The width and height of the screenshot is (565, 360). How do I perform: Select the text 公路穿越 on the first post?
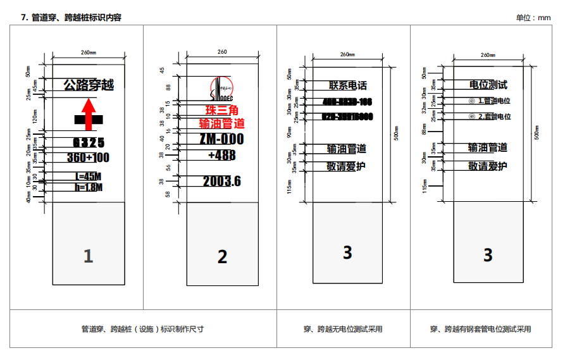pos(88,84)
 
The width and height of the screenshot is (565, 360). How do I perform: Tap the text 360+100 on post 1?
pos(88,157)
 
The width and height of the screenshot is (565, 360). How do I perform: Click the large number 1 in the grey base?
pos(88,256)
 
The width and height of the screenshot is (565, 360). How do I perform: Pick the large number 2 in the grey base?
pos(222,256)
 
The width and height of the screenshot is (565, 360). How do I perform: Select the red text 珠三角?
pos(221,111)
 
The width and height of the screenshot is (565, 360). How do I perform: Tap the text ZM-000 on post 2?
pos(221,139)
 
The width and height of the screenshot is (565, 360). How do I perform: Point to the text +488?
pos(221,155)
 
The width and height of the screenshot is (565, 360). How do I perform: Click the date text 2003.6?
pos(221,182)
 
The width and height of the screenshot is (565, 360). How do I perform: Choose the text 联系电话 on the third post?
pos(347,85)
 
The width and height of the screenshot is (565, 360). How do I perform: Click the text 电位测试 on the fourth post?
pos(488,84)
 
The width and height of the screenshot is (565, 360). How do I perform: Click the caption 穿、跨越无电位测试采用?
pos(343,329)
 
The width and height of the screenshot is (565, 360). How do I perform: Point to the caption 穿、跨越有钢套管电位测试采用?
pos(481,329)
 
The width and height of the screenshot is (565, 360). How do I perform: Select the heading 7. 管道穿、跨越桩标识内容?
pos(71,18)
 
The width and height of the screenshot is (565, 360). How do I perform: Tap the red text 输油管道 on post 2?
pos(221,123)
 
